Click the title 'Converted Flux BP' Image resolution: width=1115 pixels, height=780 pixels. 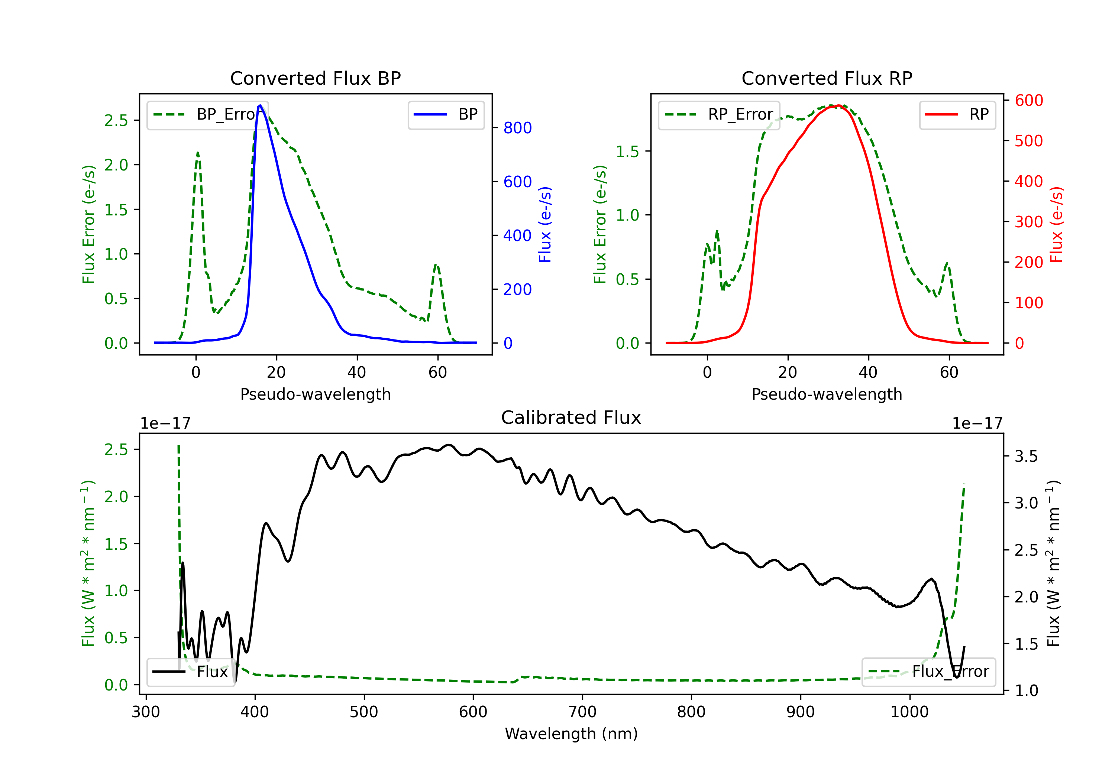coord(315,78)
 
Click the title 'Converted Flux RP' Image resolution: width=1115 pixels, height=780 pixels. coord(827,78)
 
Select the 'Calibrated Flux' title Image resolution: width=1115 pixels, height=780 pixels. coord(571,417)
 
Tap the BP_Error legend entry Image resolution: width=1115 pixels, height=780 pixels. coord(207,114)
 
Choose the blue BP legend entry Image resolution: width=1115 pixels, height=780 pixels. coord(446,114)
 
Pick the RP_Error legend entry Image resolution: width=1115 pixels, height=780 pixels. coord(719,114)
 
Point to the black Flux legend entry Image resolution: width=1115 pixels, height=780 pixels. coord(190,672)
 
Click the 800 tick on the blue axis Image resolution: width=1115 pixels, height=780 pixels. coord(517,128)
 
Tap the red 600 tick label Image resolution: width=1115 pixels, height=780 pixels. coord(1028,101)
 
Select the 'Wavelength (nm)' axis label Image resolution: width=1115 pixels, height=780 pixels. coord(571,734)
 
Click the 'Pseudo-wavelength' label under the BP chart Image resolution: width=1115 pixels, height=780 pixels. coord(315,394)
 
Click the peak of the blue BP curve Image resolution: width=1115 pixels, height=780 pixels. coord(260,105)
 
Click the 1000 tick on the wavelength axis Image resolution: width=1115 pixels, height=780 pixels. coord(909,712)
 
